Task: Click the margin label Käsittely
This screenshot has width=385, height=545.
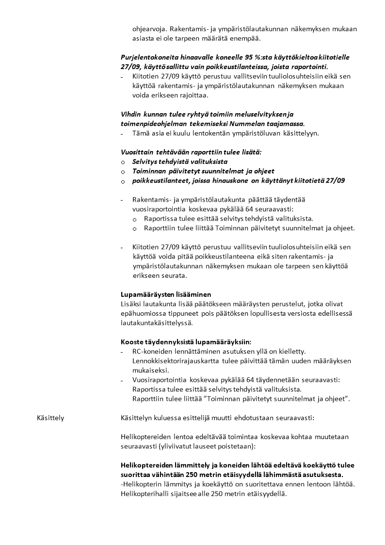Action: (x=50, y=417)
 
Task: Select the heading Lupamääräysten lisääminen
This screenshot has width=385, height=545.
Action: (x=165, y=295)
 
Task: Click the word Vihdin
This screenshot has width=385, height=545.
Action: (x=130, y=115)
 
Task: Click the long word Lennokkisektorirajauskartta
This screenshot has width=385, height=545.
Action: (x=176, y=361)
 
